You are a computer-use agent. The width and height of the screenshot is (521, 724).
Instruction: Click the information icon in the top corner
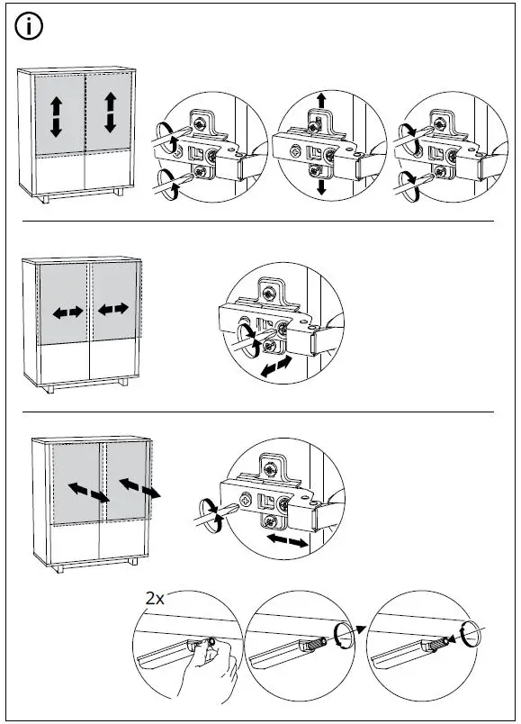click(29, 26)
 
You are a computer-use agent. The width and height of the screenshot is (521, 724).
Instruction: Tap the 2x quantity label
click(155, 599)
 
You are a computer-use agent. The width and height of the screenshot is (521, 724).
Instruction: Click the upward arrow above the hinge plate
click(321, 101)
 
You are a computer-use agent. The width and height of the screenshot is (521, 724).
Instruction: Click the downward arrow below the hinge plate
click(321, 186)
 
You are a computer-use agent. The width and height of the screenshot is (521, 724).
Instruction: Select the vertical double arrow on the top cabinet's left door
click(56, 117)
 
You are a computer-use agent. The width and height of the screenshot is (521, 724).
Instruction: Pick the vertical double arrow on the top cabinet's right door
click(111, 113)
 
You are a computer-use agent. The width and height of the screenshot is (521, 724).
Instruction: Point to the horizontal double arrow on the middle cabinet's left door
click(67, 312)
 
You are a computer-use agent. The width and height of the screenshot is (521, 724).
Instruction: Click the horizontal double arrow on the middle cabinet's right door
click(113, 309)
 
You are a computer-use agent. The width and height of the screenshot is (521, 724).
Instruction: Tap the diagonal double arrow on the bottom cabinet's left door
click(88, 493)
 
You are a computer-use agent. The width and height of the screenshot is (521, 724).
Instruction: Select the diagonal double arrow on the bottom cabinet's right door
click(139, 488)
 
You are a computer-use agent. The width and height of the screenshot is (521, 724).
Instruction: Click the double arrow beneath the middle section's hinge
click(276, 367)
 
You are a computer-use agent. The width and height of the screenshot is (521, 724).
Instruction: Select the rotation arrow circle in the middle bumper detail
click(344, 634)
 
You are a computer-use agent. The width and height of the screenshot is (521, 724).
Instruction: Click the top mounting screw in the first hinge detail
click(201, 123)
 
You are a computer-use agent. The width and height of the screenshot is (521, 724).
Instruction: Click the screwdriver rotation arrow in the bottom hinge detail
click(210, 516)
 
